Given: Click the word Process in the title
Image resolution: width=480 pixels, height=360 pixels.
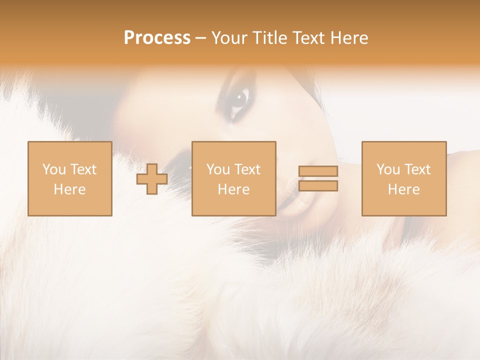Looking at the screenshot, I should coord(157,38).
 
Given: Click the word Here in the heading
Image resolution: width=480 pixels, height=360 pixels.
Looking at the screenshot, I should coord(349,38).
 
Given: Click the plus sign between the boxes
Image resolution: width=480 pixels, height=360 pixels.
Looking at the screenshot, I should coord(152,179).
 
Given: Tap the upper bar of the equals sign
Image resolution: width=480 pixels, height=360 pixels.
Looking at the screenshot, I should coord(318,171).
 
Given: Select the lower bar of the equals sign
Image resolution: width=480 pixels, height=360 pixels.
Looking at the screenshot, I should coord(318,186).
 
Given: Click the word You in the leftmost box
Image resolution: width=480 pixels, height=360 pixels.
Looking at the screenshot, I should coord(54,169).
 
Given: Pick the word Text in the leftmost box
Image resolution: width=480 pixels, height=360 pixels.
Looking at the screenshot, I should coord(82,169).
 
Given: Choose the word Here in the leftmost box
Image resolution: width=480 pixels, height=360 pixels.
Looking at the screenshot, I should coord(69,189).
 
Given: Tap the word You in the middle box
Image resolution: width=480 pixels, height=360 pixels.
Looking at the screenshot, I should coord(218,169).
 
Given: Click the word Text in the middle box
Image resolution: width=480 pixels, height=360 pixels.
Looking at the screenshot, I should coord(247,169).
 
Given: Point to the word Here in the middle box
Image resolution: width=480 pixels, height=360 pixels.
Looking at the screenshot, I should coord(233,189).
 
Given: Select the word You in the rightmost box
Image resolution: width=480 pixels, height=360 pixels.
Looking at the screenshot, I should coord(388,169).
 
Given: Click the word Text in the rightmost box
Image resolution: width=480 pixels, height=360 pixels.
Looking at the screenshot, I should coord(417,169).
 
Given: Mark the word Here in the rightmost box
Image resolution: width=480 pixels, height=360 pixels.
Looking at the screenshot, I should coord(403,189).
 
